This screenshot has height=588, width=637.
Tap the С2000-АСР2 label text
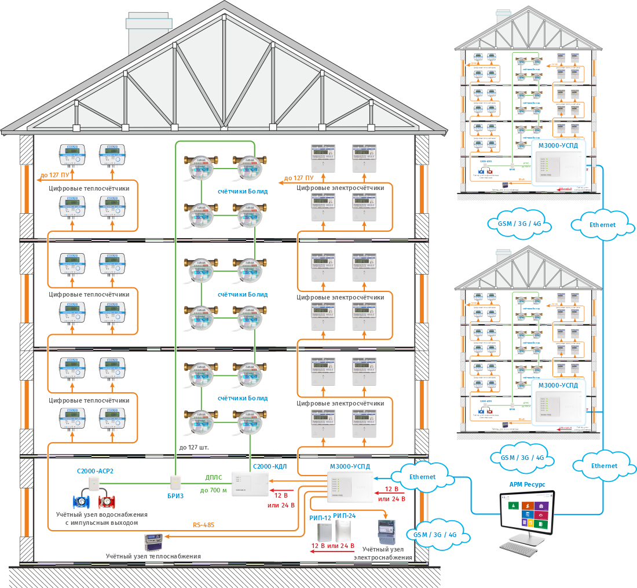tap(95, 471)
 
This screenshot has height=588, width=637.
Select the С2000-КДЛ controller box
tap(250, 484)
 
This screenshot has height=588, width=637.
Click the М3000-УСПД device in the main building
tap(350, 486)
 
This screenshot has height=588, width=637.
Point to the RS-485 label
tap(203, 525)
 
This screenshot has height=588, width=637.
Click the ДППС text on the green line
tap(215, 478)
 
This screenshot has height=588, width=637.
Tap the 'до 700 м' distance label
tap(214, 490)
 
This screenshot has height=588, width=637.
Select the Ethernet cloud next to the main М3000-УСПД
tap(422, 477)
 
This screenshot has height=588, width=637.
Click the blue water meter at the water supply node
tap(82, 501)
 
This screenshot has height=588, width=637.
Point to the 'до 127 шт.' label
tap(194, 447)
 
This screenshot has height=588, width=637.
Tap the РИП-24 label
tap(345, 516)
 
